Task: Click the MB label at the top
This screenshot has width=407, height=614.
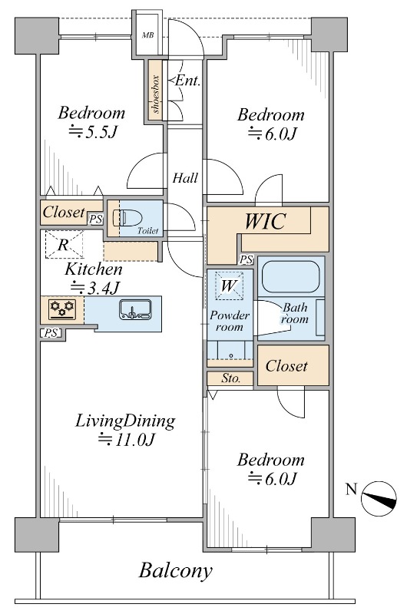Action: [147, 35]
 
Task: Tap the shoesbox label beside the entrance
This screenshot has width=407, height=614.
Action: [156, 94]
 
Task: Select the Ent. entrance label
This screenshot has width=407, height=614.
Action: [186, 81]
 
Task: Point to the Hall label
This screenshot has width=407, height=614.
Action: [185, 178]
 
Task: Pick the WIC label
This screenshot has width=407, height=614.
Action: [265, 221]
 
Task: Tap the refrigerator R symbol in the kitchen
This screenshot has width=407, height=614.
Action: [65, 244]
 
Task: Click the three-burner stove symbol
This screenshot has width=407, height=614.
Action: [62, 309]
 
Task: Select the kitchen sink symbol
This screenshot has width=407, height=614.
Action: [135, 310]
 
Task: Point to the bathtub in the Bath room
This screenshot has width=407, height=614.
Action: [291, 277]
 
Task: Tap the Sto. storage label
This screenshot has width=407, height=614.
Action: [231, 378]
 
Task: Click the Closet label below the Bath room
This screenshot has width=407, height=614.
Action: [286, 366]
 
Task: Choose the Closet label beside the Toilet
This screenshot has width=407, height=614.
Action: [64, 213]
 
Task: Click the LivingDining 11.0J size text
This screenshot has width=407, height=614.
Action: [127, 439]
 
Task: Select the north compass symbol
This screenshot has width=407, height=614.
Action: [379, 498]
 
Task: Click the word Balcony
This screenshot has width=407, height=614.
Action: [176, 570]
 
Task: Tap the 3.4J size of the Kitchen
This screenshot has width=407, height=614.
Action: [94, 289]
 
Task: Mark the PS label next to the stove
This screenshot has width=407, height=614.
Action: [51, 333]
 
